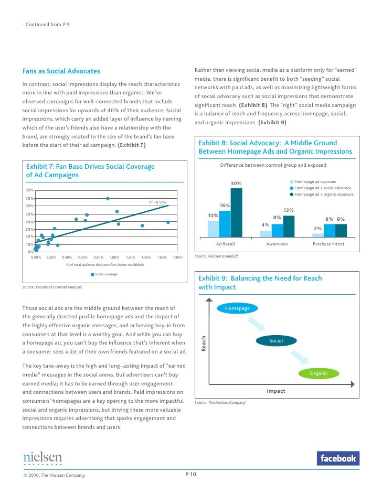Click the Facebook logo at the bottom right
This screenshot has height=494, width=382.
point(338,458)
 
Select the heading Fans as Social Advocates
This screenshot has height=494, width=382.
point(61,71)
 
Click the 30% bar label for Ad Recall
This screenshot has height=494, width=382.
point(236,183)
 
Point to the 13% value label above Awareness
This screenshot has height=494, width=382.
point(288,210)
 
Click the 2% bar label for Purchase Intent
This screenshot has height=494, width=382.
point(317,228)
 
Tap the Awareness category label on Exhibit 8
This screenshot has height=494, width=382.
point(277,244)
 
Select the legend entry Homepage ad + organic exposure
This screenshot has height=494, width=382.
point(324,195)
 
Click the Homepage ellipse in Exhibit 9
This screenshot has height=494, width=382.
point(237,308)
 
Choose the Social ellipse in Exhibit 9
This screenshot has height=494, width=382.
point(276,341)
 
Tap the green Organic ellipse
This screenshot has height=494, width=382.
point(319,373)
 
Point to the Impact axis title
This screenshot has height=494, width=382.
point(276,391)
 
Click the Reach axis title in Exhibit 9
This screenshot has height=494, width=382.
point(204,343)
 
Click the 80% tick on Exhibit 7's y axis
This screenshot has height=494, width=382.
point(30,190)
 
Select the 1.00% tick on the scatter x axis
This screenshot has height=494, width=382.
point(114,257)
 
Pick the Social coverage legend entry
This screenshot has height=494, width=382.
point(105,274)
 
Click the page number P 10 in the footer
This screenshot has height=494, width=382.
point(191,475)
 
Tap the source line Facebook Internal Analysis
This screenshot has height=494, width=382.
point(52,287)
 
